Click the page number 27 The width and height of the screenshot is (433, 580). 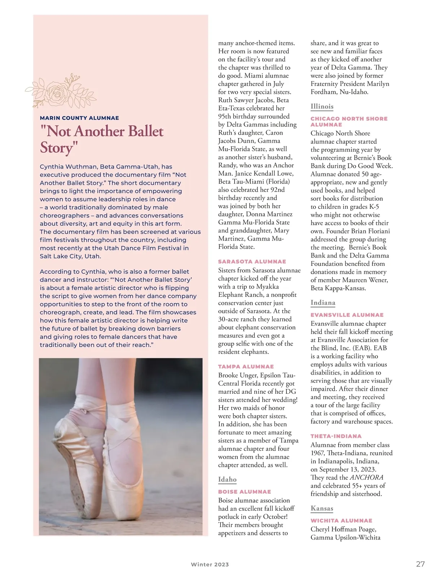pyautogui.click(x=420, y=564)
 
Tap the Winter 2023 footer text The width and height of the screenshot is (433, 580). pyautogui.click(x=210, y=564)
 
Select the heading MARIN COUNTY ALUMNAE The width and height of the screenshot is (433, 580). pyautogui.click(x=79, y=118)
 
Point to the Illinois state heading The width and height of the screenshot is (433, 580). pyautogui.click(x=322, y=106)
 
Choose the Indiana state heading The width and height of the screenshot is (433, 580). pyautogui.click(x=323, y=303)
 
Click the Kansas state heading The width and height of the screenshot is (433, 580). pyautogui.click(x=322, y=508)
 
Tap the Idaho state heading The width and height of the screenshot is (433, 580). pyautogui.click(x=227, y=480)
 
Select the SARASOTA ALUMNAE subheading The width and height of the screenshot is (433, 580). pyautogui.click(x=252, y=261)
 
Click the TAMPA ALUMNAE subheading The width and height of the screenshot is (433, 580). pyautogui.click(x=246, y=367)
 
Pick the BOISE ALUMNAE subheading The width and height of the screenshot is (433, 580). pyautogui.click(x=244, y=492)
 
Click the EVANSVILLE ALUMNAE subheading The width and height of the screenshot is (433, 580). pyautogui.click(x=347, y=315)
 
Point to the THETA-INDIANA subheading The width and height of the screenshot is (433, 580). pyautogui.click(x=336, y=436)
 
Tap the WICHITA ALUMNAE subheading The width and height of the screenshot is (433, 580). pyautogui.click(x=341, y=521)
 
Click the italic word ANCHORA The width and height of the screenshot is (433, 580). pyautogui.click(x=367, y=477)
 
